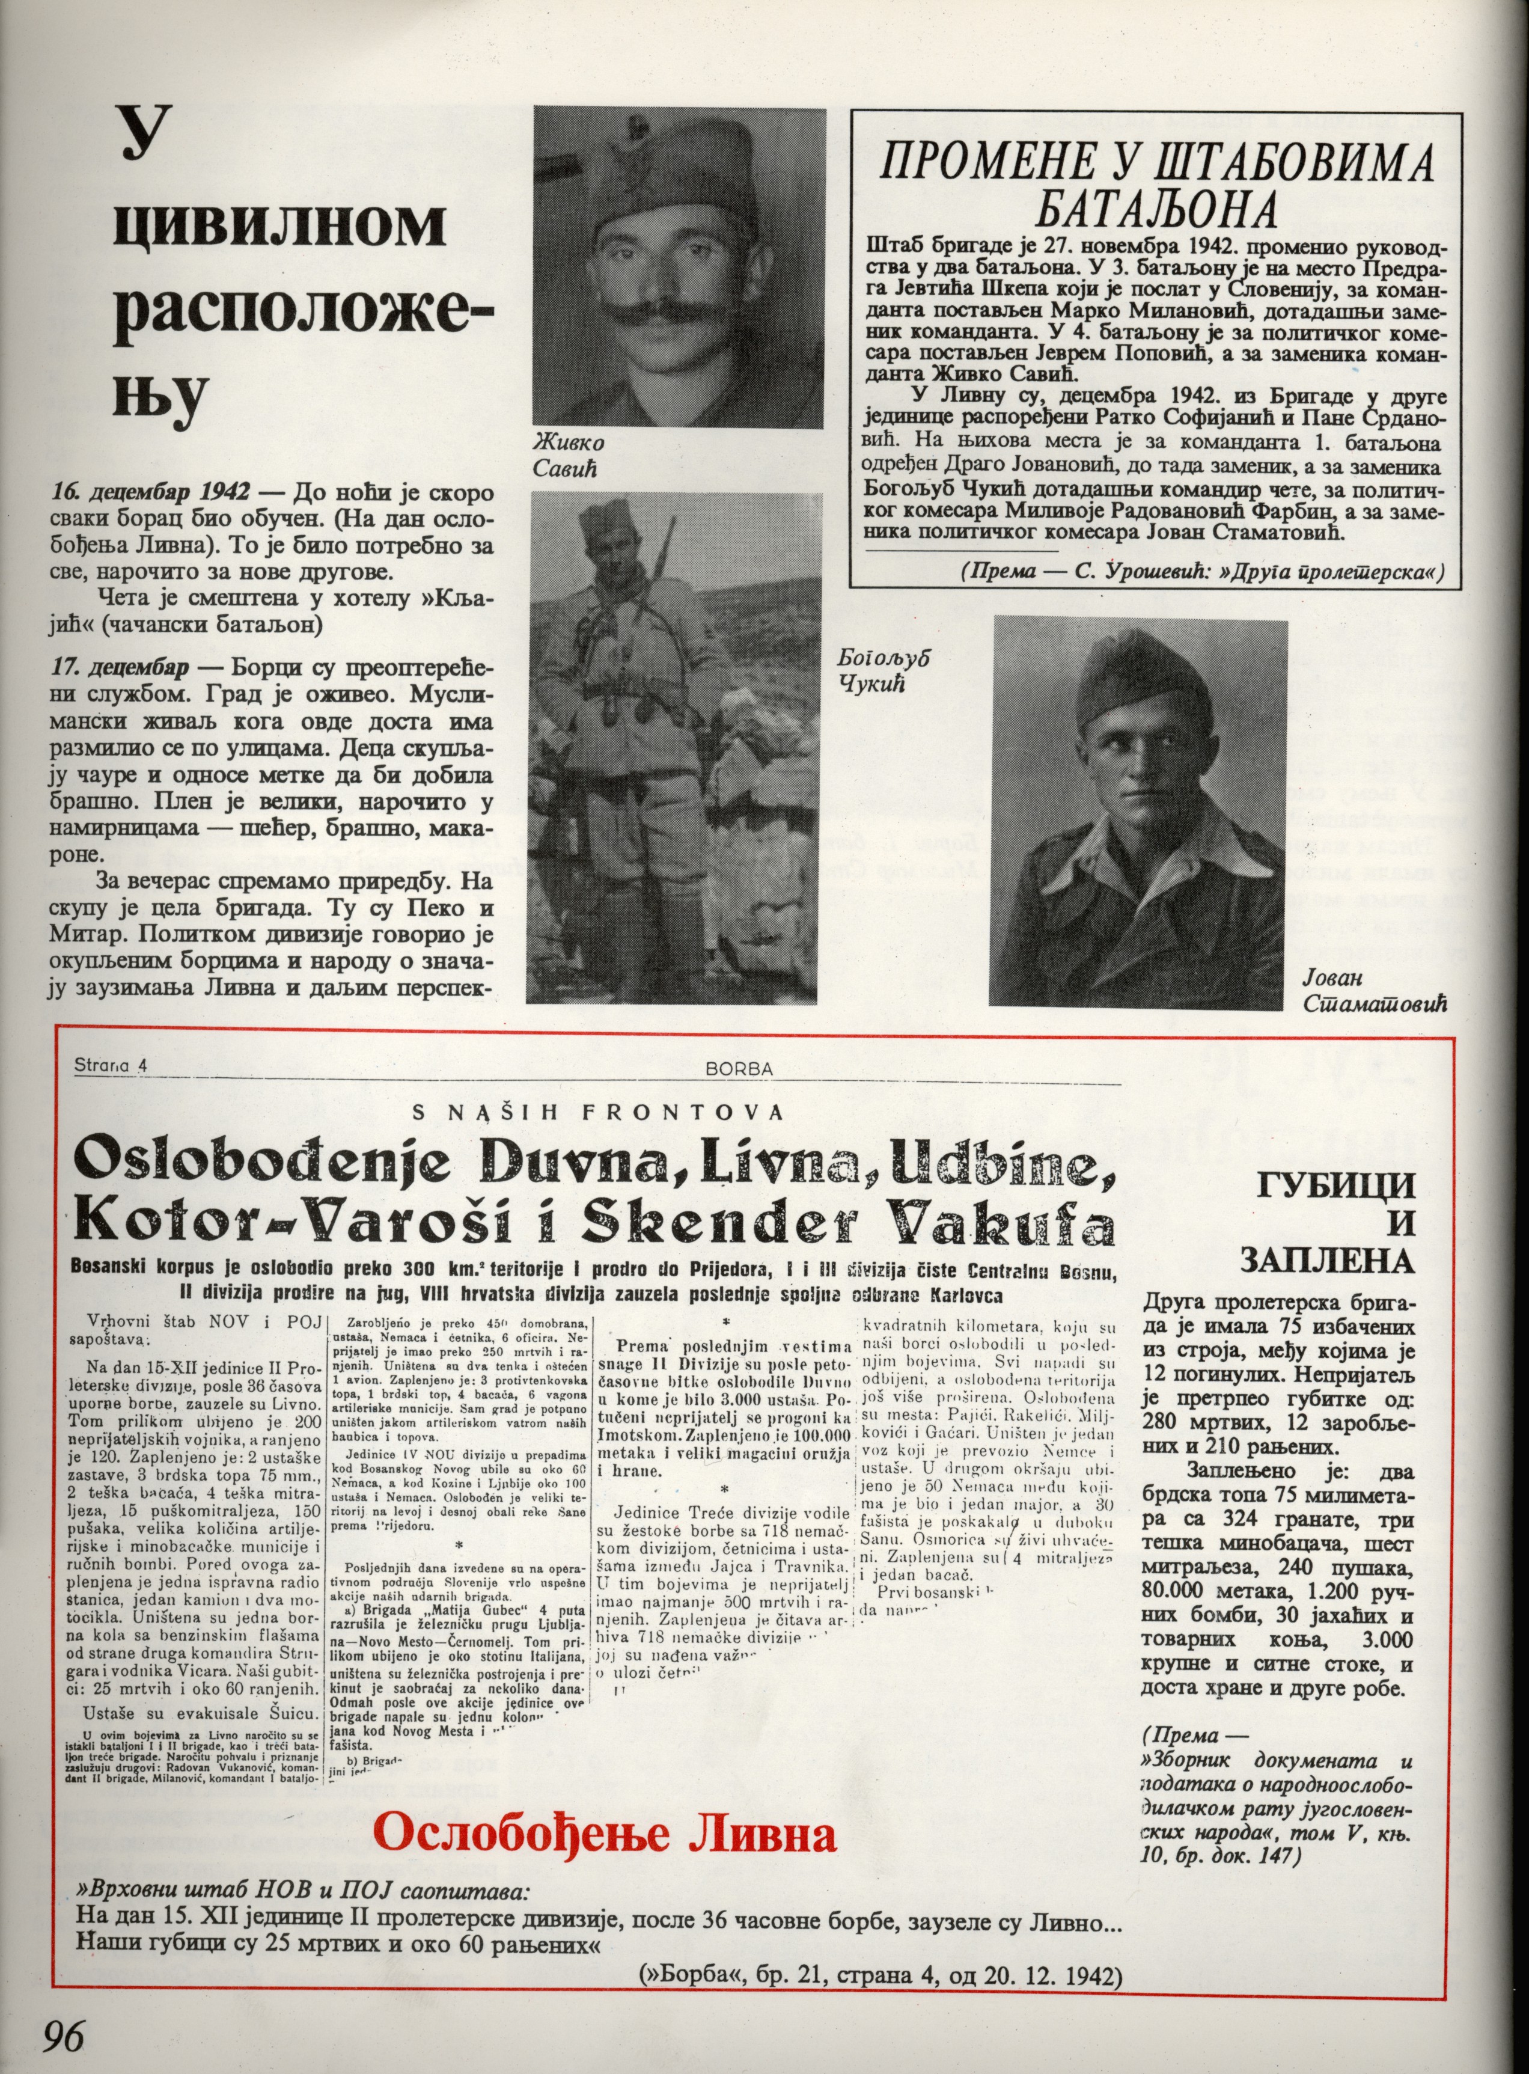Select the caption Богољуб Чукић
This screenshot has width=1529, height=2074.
pos(883,669)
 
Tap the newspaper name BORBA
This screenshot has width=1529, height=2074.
pos(739,1068)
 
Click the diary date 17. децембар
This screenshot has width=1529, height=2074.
pos(121,668)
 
